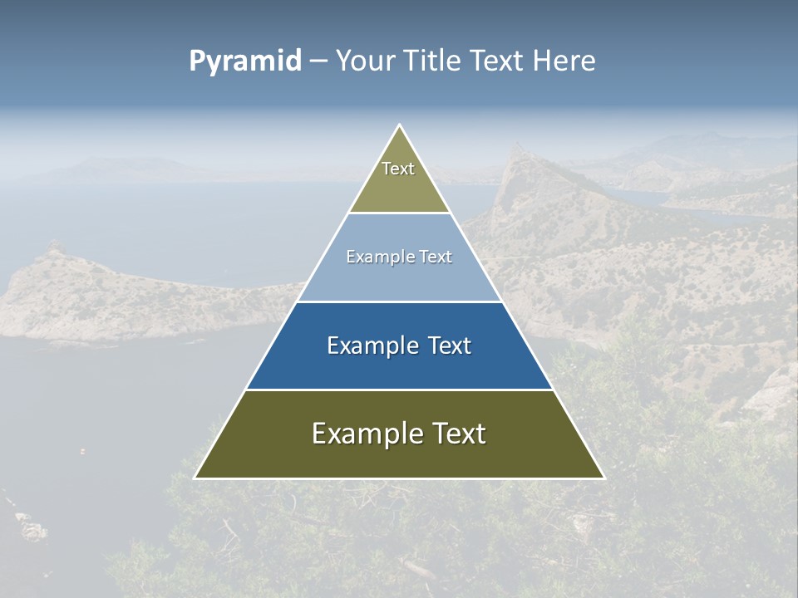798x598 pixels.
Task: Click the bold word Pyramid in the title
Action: pos(245,61)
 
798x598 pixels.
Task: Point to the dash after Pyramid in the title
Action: pos(318,61)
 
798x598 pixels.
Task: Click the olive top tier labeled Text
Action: pos(398,179)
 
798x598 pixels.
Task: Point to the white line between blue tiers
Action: pos(399,301)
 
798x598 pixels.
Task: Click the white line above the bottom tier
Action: pos(399,390)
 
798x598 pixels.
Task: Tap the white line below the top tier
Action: pos(399,213)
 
